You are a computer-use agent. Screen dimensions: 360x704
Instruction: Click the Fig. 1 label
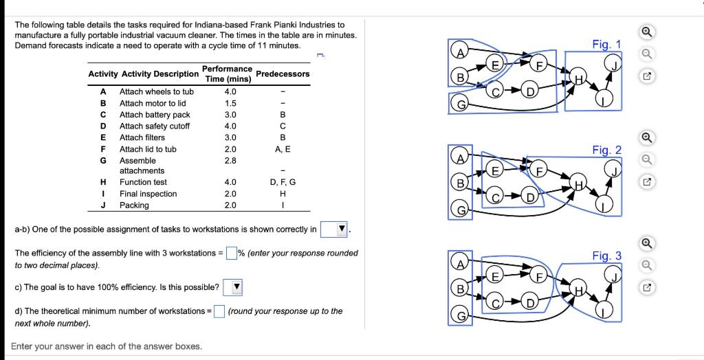click(x=606, y=45)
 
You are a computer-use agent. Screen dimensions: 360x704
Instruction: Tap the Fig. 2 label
click(x=606, y=150)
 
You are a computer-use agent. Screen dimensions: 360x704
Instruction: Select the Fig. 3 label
click(x=606, y=256)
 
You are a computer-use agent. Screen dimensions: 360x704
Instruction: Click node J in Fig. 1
click(x=611, y=65)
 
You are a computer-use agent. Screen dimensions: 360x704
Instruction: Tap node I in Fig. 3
click(x=603, y=312)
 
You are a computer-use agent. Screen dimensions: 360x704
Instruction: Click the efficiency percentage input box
click(x=232, y=254)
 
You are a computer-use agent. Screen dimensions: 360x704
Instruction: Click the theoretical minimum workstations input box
click(x=219, y=311)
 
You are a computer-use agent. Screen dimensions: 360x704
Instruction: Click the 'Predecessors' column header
click(x=283, y=74)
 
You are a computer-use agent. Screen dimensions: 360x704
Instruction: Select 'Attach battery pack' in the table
click(x=155, y=115)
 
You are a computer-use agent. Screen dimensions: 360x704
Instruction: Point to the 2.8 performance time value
click(x=230, y=160)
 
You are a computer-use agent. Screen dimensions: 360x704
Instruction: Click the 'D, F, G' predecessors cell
click(x=283, y=182)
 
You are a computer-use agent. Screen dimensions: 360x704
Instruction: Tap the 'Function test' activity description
click(x=143, y=182)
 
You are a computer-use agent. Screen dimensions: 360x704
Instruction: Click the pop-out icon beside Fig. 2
click(x=646, y=183)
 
